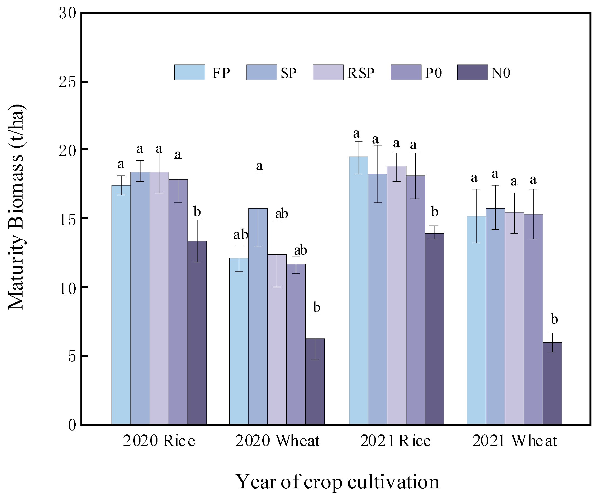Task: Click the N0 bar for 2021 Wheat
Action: pos(552,384)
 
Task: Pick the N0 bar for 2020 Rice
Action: pos(197,332)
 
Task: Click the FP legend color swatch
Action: pos(189,73)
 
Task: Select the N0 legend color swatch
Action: pos(472,73)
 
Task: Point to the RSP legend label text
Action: pos(361,73)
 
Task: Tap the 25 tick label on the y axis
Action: pos(68,82)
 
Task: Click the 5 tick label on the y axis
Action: pos(72,356)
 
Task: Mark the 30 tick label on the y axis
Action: pos(68,13)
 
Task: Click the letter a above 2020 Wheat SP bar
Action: pos(259,166)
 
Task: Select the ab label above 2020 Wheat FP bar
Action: pos(241,235)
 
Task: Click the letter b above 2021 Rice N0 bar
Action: pos(435,212)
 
